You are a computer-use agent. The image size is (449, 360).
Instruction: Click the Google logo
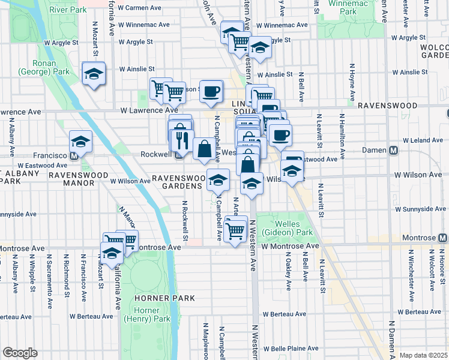pyautogui.click(x=20, y=353)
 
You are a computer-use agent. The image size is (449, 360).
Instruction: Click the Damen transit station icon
pyautogui.click(x=394, y=151)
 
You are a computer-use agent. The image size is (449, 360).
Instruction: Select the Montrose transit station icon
pyautogui.click(x=442, y=238)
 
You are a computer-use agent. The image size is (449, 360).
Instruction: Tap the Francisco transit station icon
pyautogui.click(x=73, y=155)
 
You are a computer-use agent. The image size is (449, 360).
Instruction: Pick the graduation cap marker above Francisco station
pyautogui.click(x=80, y=142)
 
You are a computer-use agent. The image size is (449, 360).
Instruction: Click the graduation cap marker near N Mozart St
pyautogui.click(x=94, y=73)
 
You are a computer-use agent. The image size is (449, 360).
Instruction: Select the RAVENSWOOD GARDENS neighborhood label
pyautogui.click(x=178, y=181)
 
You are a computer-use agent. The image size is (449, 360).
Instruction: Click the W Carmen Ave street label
pyautogui.click(x=140, y=8)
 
